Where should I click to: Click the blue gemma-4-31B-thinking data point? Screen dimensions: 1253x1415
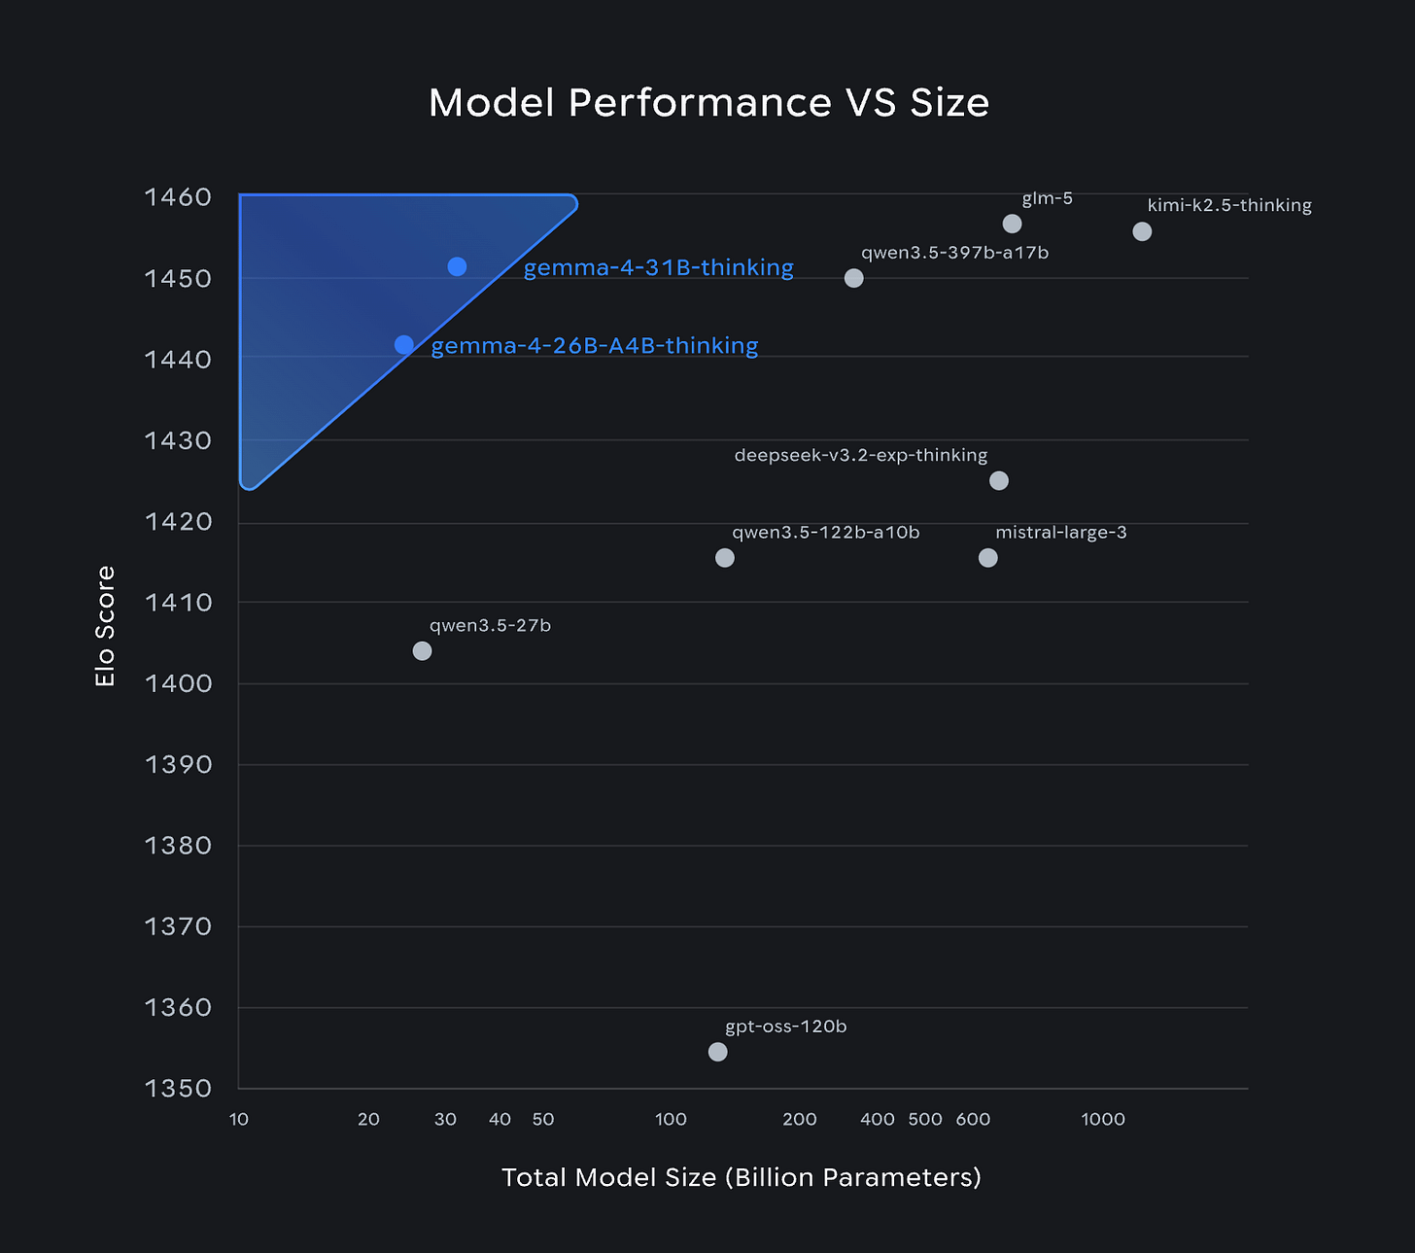click(x=457, y=266)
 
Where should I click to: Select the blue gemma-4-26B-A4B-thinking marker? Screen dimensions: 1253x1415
click(x=404, y=345)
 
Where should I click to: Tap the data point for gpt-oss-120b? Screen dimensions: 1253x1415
click(x=717, y=1052)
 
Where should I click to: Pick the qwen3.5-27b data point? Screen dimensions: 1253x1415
click(x=422, y=651)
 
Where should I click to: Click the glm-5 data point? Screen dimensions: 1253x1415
click(x=1012, y=225)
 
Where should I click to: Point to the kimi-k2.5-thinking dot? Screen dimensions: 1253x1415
click(x=1142, y=231)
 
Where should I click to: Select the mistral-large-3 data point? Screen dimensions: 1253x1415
click(x=987, y=558)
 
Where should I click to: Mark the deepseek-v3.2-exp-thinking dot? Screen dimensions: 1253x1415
click(x=999, y=481)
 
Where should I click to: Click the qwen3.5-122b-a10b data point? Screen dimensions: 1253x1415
click(x=724, y=558)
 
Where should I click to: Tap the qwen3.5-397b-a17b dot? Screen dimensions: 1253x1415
click(x=853, y=278)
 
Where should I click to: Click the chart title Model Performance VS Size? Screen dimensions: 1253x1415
click(x=708, y=103)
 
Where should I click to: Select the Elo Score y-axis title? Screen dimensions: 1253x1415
click(x=105, y=626)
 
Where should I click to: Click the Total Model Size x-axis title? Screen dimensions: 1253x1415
click(x=741, y=1177)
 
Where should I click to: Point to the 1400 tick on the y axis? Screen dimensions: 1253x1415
click(x=178, y=683)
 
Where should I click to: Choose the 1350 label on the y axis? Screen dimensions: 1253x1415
click(x=178, y=1088)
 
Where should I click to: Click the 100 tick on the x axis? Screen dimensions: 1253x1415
click(x=671, y=1119)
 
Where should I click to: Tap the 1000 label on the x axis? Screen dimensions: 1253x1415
click(x=1103, y=1119)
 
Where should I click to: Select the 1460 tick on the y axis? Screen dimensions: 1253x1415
click(x=178, y=197)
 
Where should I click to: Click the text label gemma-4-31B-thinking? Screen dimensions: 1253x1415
click(x=658, y=267)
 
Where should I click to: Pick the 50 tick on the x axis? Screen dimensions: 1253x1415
click(x=543, y=1119)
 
